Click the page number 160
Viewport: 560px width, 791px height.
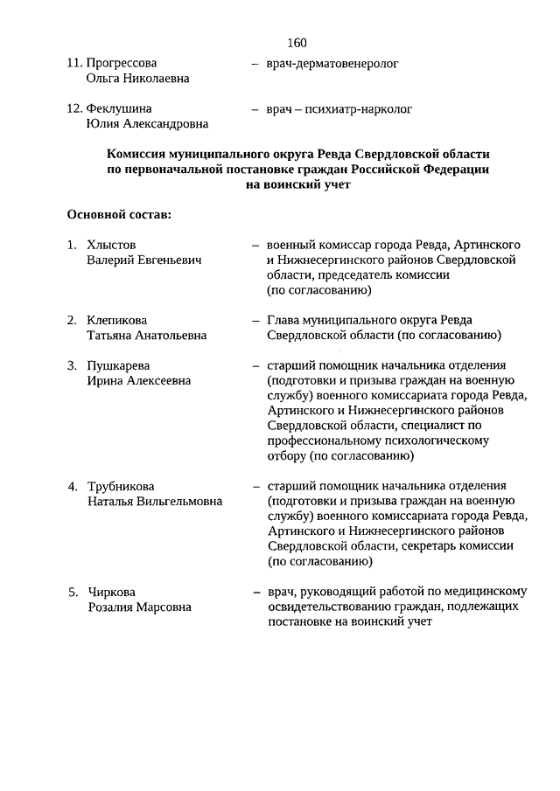pyautogui.click(x=296, y=43)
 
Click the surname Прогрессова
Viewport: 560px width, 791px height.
pyautogui.click(x=122, y=63)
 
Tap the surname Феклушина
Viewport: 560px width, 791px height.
pyautogui.click(x=119, y=109)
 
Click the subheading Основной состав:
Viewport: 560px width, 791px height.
pyautogui.click(x=118, y=214)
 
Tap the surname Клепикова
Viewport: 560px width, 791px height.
pyautogui.click(x=117, y=320)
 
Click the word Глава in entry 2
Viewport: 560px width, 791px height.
pyautogui.click(x=284, y=320)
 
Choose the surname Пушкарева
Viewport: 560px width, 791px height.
pyautogui.click(x=118, y=365)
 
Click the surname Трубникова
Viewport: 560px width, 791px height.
pyautogui.click(x=122, y=486)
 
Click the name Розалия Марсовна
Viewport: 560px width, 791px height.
pyautogui.click(x=138, y=607)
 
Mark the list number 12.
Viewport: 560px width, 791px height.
pyautogui.click(x=73, y=109)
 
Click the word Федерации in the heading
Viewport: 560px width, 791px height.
pyautogui.click(x=450, y=169)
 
